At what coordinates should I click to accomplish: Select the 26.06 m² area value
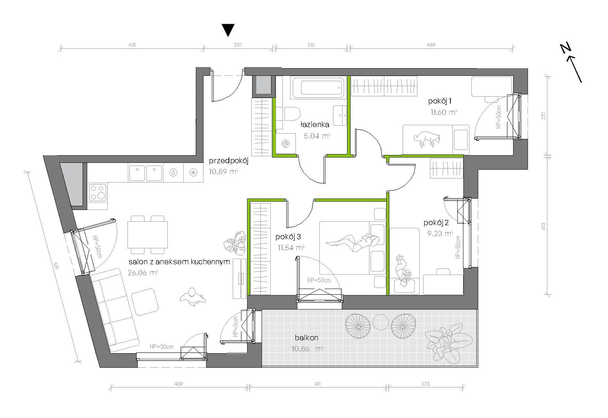pos(143,273)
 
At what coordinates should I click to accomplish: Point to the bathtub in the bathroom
pos(317,87)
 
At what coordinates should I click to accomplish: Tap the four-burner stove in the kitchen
pos(98,192)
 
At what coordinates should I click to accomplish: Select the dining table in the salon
pos(148,235)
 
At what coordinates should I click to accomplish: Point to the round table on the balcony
pos(380,322)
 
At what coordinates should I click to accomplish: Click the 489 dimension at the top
pos(431,45)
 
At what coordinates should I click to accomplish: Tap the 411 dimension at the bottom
pos(317,383)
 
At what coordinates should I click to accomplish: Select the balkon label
pos(307,338)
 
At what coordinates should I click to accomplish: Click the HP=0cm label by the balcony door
pos(236,326)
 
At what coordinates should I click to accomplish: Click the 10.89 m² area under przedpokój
pos(223,172)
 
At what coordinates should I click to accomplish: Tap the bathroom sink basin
pos(340,115)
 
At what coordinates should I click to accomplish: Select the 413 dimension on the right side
pos(543,227)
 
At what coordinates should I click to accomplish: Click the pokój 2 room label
pos(436,223)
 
